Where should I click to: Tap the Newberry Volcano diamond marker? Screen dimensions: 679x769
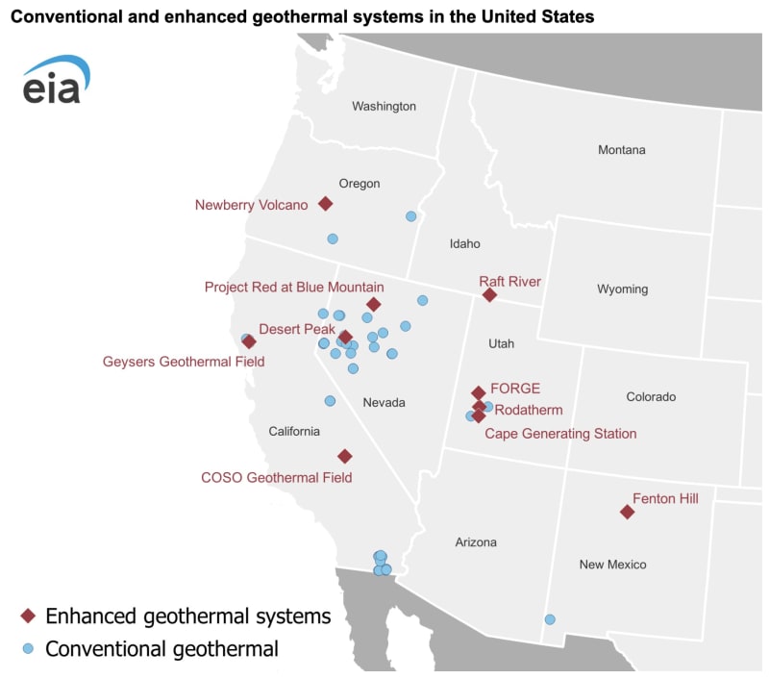coord(326,204)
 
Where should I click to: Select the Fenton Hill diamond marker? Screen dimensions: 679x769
coord(628,512)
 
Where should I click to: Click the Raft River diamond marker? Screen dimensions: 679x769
coord(489,294)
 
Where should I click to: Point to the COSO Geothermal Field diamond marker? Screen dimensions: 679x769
coord(345,456)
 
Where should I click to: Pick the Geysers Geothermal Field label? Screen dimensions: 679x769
coord(184,362)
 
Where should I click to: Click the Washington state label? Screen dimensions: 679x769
coord(384,106)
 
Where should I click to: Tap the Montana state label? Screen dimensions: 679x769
coord(622,150)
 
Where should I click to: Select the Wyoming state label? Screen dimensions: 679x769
coord(622,289)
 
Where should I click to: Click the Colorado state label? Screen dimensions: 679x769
coord(651,396)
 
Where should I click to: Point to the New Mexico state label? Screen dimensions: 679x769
coord(612,565)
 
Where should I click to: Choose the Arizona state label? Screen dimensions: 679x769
coord(476,542)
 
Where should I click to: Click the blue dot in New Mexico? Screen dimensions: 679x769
coord(550,619)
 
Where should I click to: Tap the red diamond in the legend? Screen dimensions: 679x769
coord(29,616)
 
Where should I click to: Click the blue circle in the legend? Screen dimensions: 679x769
coord(29,648)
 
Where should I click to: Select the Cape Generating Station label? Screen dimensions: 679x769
coord(560,434)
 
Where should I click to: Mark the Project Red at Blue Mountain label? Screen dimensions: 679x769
coord(294,287)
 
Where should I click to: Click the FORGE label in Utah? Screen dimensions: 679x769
coord(515,389)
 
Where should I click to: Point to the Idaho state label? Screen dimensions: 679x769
coord(464,243)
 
